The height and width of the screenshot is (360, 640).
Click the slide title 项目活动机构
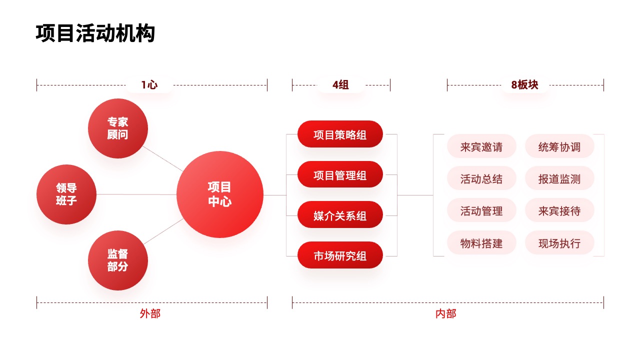pyautogui.click(x=95, y=33)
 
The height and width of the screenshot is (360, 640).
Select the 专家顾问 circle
pyautogui.click(x=117, y=128)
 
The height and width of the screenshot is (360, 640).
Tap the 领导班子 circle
pyautogui.click(x=66, y=194)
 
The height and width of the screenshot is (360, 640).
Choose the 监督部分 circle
pyautogui.click(x=117, y=260)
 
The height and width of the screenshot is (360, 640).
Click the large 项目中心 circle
pyautogui.click(x=219, y=194)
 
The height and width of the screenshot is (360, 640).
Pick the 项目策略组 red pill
pyautogui.click(x=340, y=134)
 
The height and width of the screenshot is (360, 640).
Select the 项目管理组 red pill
pyautogui.click(x=340, y=174)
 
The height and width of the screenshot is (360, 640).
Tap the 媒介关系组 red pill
pyautogui.click(x=340, y=214)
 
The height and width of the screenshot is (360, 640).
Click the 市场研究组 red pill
pyautogui.click(x=340, y=255)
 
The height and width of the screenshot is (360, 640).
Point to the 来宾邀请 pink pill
pyautogui.click(x=481, y=146)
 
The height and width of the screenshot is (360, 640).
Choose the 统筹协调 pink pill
pyautogui.click(x=559, y=146)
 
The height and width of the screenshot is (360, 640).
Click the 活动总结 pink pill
pyautogui.click(x=481, y=178)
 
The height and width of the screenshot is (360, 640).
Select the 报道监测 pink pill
pyautogui.click(x=559, y=178)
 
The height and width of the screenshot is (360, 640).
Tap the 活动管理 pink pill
pyautogui.click(x=481, y=210)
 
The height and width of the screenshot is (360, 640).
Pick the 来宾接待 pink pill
pyautogui.click(x=559, y=210)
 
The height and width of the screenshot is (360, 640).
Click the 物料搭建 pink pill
pyautogui.click(x=481, y=242)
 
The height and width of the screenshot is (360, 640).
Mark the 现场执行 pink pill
pyautogui.click(x=559, y=242)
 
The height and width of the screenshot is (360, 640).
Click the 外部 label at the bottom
pyautogui.click(x=150, y=313)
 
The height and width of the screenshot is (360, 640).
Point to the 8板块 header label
pyautogui.click(x=524, y=85)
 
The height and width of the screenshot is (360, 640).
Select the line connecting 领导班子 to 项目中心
pyautogui.click(x=136, y=194)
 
